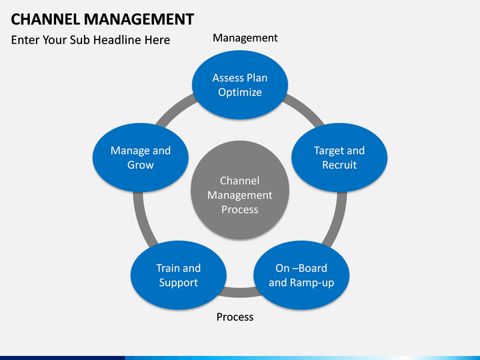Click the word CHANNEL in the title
[x=45, y=19]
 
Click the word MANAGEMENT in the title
[x=139, y=19]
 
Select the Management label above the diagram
[x=245, y=38]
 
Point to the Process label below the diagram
[x=235, y=317]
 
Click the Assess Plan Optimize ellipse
[x=240, y=85]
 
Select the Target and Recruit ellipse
[x=339, y=157]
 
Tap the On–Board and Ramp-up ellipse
[x=301, y=275]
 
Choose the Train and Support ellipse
[x=179, y=275]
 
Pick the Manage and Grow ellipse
[x=141, y=157]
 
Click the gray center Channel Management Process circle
[x=240, y=190]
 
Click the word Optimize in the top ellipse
[x=240, y=92]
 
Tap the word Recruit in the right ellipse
[x=339, y=165]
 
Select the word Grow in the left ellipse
[x=141, y=165]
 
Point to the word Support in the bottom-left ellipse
[x=179, y=283]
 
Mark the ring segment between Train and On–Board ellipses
[x=240, y=293]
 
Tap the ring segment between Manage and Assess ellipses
[x=174, y=109]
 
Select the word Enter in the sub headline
[x=25, y=40]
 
